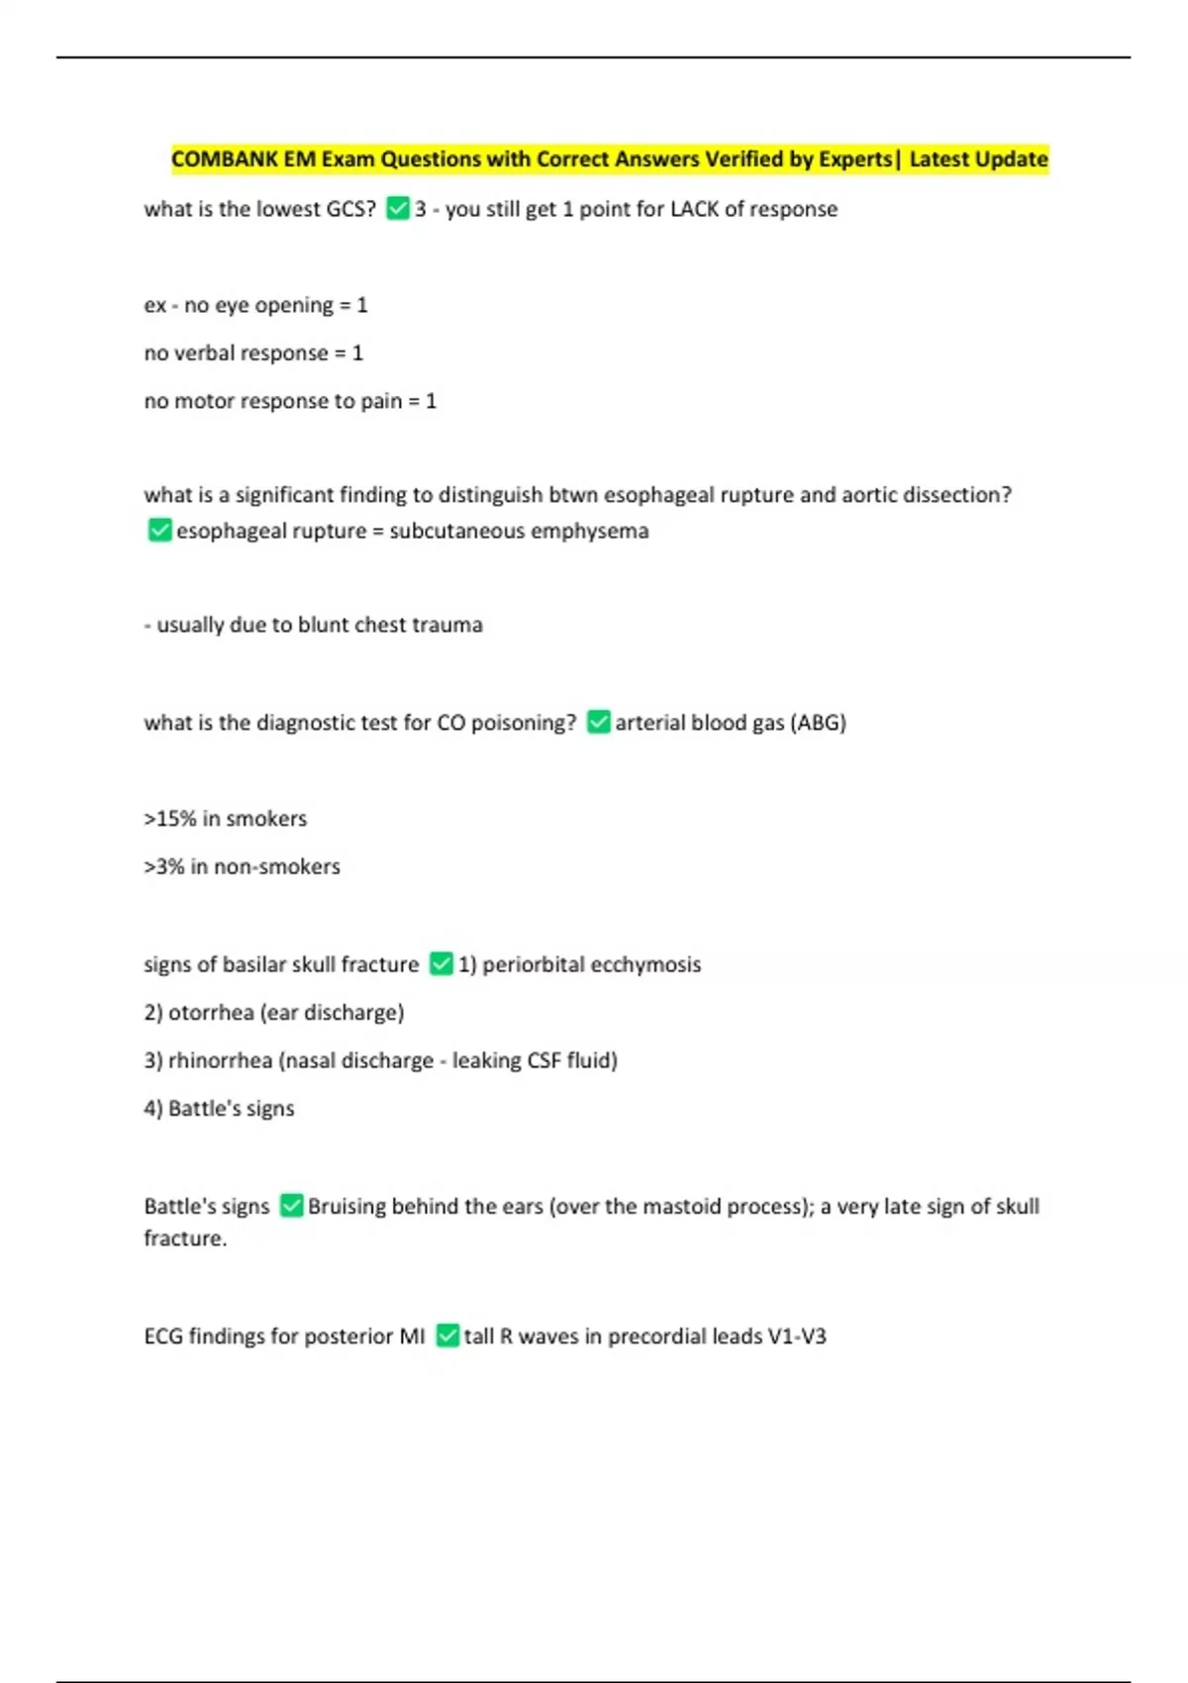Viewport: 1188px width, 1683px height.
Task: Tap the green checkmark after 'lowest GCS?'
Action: tap(398, 209)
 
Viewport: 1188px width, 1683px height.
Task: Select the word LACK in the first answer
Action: tap(694, 209)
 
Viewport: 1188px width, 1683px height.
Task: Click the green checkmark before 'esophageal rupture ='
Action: tap(159, 531)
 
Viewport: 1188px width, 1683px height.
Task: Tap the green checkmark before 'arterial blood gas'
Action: tap(598, 723)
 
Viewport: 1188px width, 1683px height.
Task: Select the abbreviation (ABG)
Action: tap(818, 723)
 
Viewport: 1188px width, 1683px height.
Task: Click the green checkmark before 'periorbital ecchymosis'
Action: tap(442, 964)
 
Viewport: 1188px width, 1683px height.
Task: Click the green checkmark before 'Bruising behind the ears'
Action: tap(291, 1206)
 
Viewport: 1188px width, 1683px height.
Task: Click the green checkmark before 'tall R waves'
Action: tap(447, 1336)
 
